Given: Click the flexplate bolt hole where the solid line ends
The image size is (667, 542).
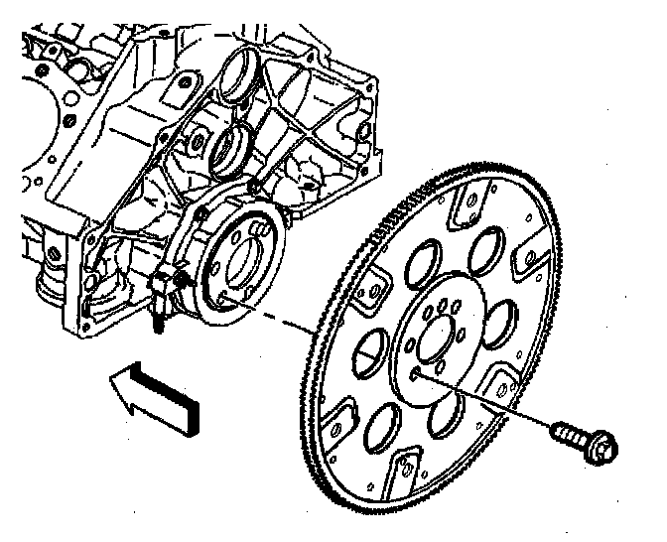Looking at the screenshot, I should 413,376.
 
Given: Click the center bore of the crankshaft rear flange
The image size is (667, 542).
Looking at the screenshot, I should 243,262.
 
